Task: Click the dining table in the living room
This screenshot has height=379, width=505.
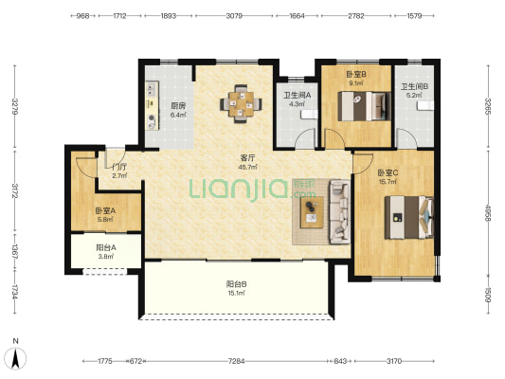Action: tap(241, 103)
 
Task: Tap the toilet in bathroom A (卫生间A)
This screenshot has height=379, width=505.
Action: tap(309, 115)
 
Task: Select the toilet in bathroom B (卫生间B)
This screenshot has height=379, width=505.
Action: tap(425, 105)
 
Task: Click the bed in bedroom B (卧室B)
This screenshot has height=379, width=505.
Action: tap(364, 106)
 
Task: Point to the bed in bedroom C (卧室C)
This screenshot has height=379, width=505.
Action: tap(409, 217)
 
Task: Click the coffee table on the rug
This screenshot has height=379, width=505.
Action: tap(312, 212)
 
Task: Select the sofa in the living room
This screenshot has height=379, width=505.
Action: tap(339, 212)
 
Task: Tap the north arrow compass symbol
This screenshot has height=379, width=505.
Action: tap(15, 359)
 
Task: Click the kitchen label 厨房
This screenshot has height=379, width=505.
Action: tap(178, 105)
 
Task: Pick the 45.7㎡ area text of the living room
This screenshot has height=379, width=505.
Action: tap(247, 167)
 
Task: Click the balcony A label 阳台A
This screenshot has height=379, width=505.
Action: tap(106, 247)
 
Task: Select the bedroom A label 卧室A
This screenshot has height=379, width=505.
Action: tap(105, 211)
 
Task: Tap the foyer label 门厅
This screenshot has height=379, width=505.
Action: tap(118, 167)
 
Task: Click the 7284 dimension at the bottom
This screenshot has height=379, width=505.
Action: tap(237, 361)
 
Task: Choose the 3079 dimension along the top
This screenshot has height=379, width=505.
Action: tap(234, 16)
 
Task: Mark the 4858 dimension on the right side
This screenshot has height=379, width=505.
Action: tap(488, 213)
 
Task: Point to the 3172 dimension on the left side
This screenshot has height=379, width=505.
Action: tap(15, 190)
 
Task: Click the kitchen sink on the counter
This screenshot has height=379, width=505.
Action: tap(152, 88)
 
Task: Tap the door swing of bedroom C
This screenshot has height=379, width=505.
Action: tap(364, 164)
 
